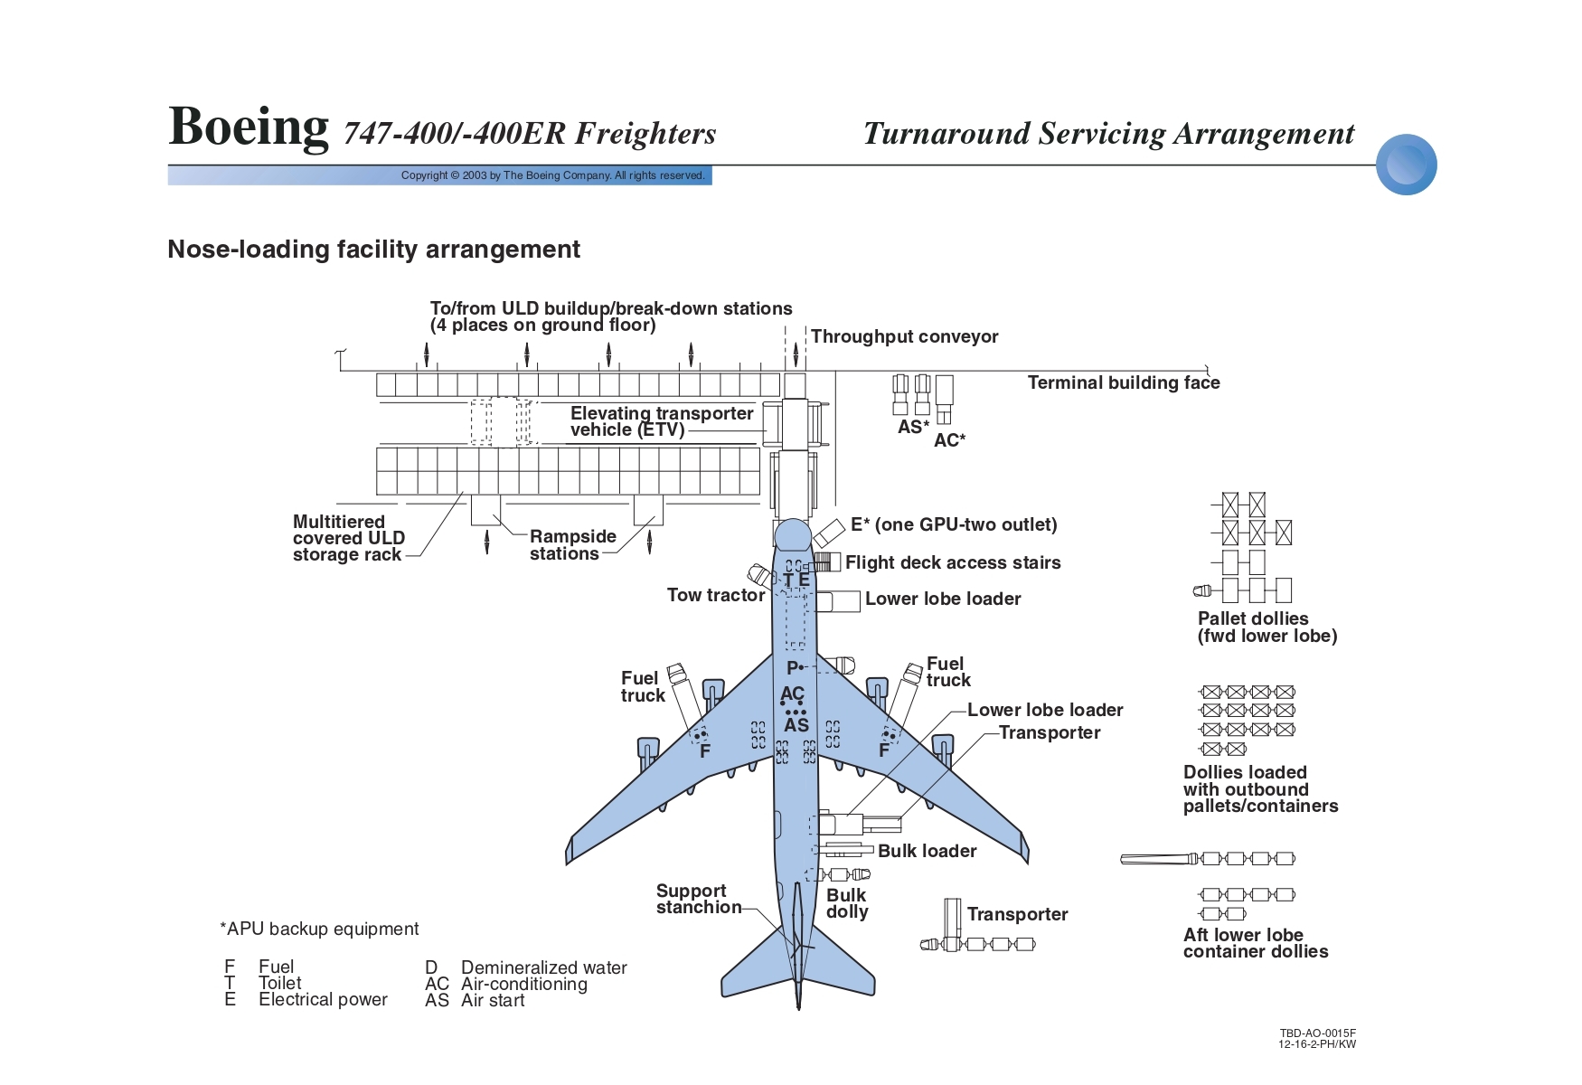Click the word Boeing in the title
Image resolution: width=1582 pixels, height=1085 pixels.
tap(249, 127)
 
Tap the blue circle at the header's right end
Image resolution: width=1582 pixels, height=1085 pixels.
tap(1407, 165)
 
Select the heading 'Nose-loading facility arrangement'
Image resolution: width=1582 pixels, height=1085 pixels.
tap(373, 250)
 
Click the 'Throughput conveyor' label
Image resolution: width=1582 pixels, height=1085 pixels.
tap(904, 336)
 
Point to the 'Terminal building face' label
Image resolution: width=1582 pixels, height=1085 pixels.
tap(1124, 382)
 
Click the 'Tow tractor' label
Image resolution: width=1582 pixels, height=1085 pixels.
tap(715, 595)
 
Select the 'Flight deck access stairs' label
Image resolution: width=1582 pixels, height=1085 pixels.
tap(953, 562)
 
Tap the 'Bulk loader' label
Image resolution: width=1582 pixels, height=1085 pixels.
tap(928, 851)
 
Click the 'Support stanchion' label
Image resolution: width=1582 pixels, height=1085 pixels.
tap(699, 899)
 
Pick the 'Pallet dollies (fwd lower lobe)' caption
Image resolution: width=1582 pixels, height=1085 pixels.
tap(1267, 627)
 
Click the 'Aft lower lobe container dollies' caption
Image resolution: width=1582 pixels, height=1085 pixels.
tap(1256, 943)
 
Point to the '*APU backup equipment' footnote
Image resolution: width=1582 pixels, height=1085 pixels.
tap(319, 929)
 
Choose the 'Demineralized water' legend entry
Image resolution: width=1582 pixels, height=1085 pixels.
tap(544, 967)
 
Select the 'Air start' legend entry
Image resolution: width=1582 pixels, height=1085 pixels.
tap(493, 1000)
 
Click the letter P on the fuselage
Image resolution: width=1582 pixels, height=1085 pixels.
tap(793, 668)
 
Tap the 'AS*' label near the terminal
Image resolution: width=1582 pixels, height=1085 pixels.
tap(913, 427)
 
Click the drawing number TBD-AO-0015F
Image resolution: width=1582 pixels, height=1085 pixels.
tap(1318, 1033)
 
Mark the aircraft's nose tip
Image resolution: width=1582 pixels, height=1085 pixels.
tap(793, 519)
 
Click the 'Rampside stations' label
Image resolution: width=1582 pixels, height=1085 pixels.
tap(572, 544)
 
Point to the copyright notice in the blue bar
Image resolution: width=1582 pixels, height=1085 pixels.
tap(552, 175)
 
